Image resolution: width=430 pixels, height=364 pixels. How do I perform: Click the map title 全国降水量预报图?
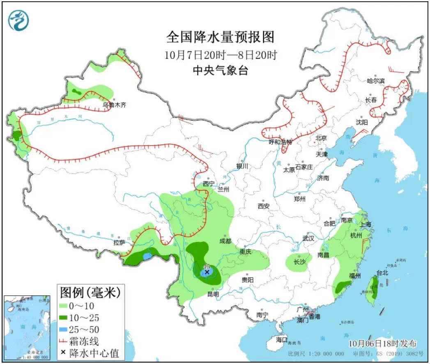click(x=220, y=37)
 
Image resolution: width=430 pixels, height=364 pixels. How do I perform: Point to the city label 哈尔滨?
click(x=375, y=81)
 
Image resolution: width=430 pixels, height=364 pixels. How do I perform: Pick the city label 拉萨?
click(x=119, y=243)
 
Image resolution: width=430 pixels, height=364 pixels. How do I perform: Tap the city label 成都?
click(x=225, y=241)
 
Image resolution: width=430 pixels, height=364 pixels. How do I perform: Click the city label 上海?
click(x=365, y=225)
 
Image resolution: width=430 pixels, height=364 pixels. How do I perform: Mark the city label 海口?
click(x=281, y=340)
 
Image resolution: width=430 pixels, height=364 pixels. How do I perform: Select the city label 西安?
click(x=263, y=206)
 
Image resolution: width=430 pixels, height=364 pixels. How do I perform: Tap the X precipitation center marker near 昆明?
click(x=207, y=272)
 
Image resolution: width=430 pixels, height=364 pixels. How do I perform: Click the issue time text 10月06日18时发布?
click(x=382, y=343)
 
